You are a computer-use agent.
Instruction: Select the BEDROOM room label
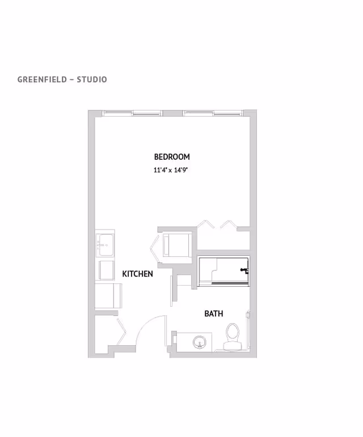[x=171, y=156]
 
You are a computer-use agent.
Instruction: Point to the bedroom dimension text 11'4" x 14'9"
[x=171, y=170]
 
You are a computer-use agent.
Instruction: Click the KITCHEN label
[x=137, y=274]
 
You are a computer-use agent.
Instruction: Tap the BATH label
[x=213, y=313]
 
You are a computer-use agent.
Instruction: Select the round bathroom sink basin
[x=200, y=342]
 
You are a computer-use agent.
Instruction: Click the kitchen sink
[x=105, y=244]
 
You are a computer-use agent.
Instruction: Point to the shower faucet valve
[x=244, y=270]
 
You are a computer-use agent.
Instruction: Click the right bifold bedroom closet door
[x=229, y=223]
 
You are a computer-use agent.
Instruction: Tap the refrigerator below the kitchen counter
[x=108, y=295]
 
